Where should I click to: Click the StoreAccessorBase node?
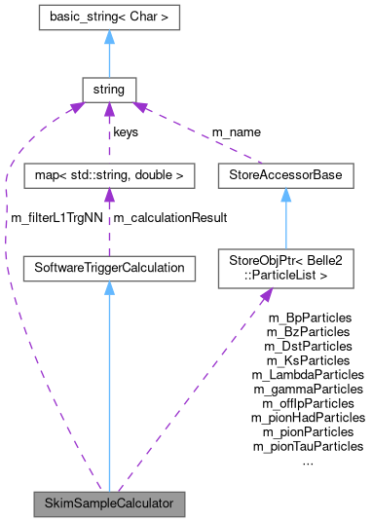pyautogui.click(x=285, y=177)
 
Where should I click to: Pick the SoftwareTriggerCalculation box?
pyautogui.click(x=109, y=266)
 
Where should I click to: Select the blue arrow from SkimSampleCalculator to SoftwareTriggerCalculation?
pyautogui.click(x=109, y=390)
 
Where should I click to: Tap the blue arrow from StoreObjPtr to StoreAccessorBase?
pyautogui.click(x=285, y=219)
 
